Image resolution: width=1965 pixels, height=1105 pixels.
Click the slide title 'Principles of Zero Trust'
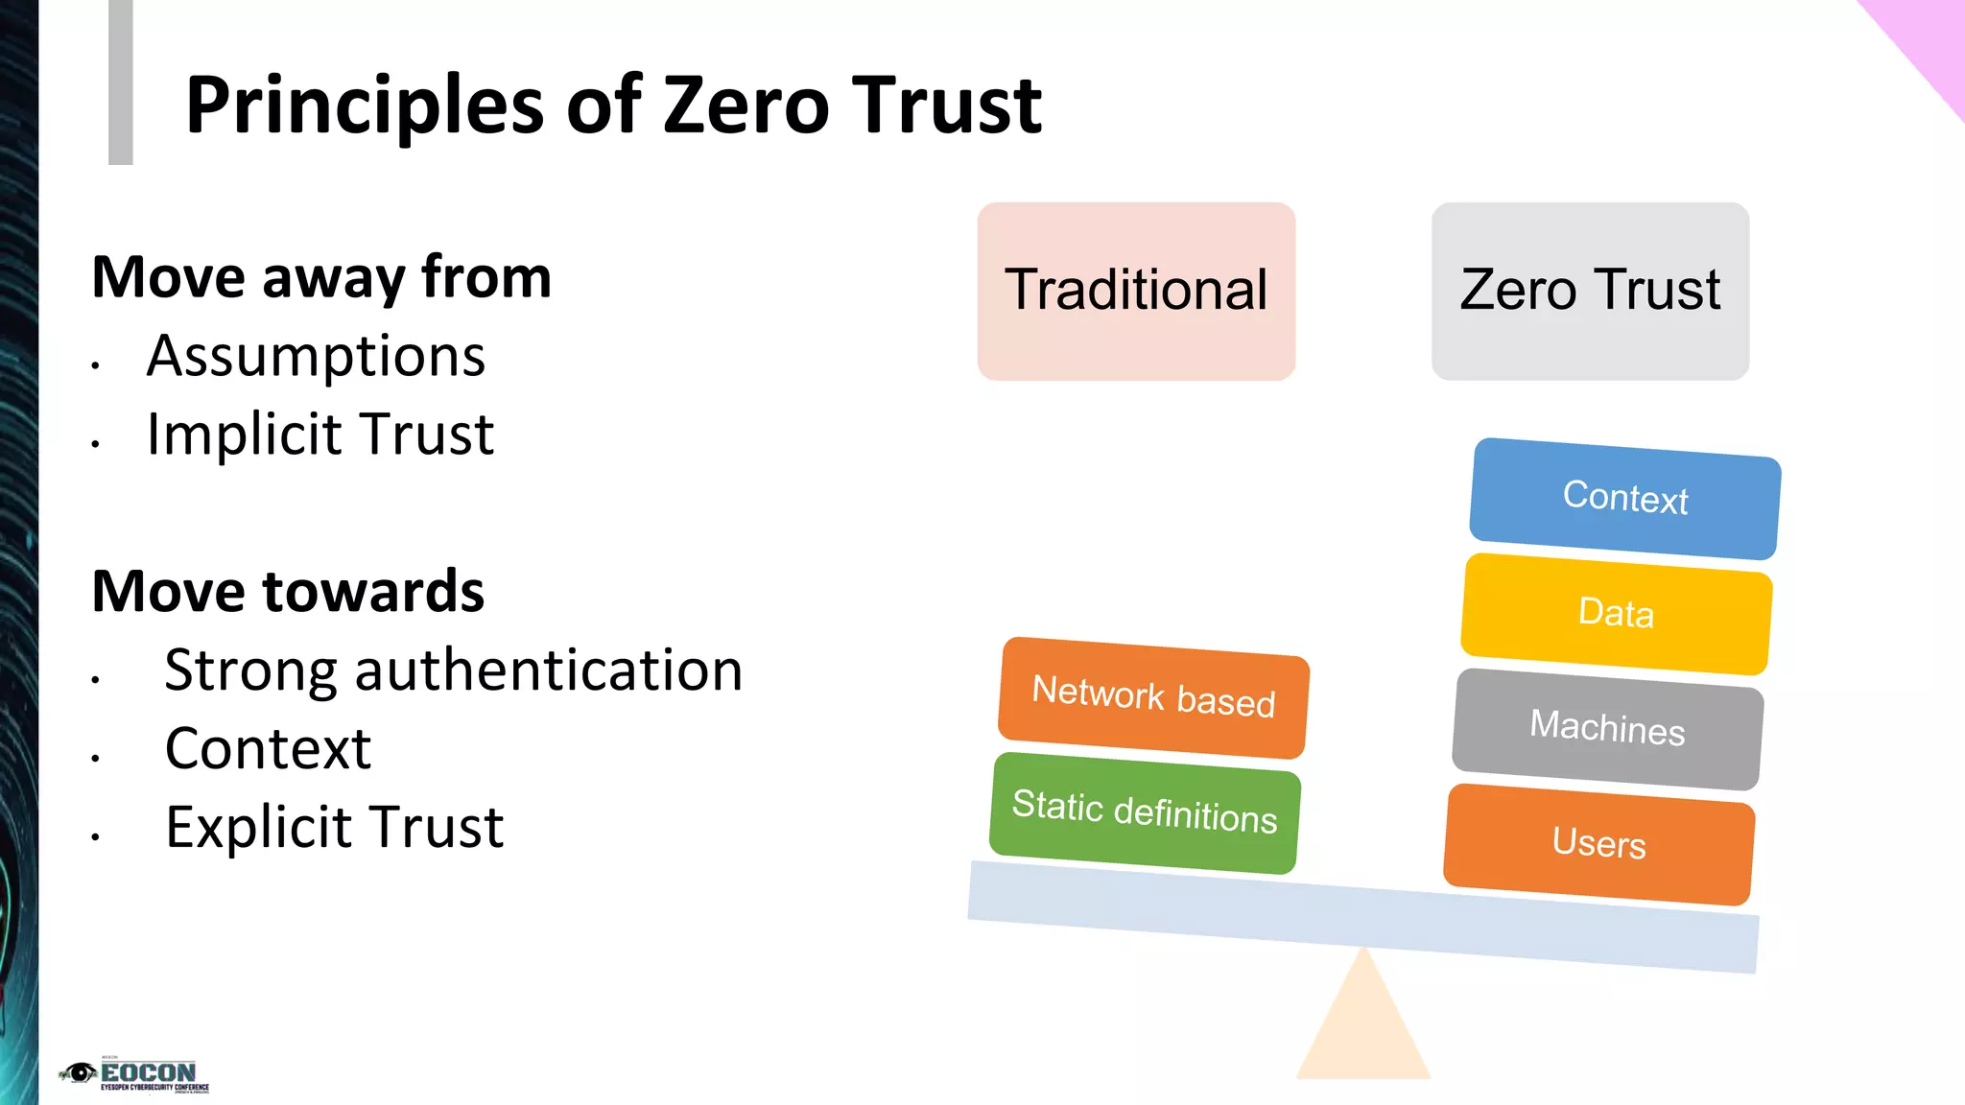[x=613, y=106]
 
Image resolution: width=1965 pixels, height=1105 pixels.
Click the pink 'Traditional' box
[x=1136, y=291]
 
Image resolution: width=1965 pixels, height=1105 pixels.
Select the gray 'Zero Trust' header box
[x=1590, y=291]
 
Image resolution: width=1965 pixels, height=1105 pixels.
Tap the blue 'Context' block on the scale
[x=1625, y=498]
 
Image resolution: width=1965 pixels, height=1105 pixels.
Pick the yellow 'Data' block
[x=1617, y=613]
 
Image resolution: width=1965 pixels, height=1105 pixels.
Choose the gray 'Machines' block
[x=1608, y=728]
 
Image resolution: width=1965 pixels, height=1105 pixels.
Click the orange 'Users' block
[x=1599, y=843]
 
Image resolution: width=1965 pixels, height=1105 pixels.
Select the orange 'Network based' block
[x=1153, y=696]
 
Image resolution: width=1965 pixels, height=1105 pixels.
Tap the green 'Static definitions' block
[x=1145, y=811]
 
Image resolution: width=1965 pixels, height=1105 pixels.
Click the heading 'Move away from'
[x=321, y=278]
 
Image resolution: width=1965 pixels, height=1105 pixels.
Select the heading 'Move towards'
[x=288, y=591]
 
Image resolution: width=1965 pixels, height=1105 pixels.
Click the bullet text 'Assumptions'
[x=316, y=357]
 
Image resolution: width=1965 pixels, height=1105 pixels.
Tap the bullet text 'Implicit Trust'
[x=320, y=435]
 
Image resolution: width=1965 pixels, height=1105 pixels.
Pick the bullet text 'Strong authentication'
[x=453, y=670]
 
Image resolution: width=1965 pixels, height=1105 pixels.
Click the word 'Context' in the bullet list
[x=268, y=748]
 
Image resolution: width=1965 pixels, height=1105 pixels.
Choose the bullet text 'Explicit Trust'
[x=334, y=827]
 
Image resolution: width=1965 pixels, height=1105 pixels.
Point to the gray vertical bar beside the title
[x=120, y=82]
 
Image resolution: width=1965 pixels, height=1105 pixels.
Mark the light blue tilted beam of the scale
[x=1362, y=917]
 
